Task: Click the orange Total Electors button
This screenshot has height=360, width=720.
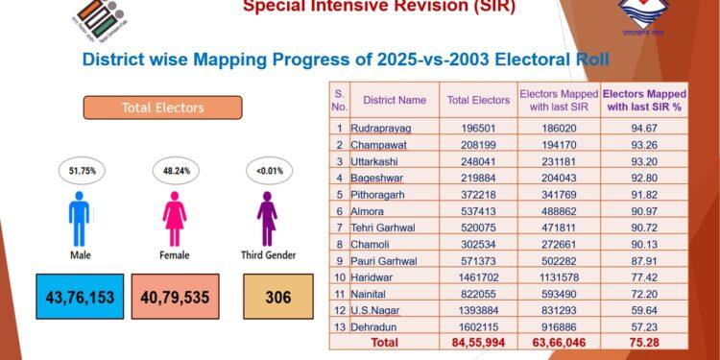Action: (162, 108)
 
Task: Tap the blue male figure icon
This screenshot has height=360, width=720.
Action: (79, 219)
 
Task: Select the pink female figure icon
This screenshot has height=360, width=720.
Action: (175, 219)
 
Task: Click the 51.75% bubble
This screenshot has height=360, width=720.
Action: (79, 171)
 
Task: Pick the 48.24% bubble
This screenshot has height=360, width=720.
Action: (175, 171)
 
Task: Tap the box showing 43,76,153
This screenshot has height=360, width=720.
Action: (80, 298)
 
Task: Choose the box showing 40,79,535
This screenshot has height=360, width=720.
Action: (175, 298)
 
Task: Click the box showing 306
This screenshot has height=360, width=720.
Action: (277, 298)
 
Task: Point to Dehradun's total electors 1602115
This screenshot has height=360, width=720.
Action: (478, 326)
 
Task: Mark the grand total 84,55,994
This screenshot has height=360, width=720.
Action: (478, 341)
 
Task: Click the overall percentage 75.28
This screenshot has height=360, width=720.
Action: (644, 341)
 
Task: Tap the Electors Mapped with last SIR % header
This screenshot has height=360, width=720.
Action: (644, 100)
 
